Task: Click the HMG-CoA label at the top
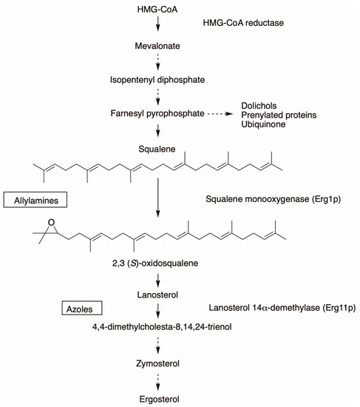[x=157, y=10]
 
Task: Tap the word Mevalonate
[x=157, y=47]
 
